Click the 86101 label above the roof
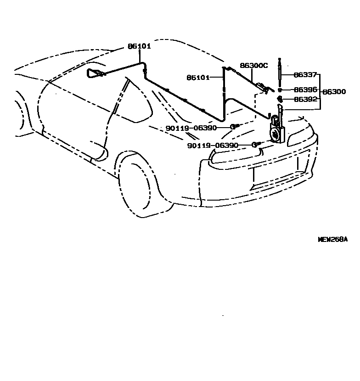click(x=139, y=46)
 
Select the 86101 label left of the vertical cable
click(x=197, y=78)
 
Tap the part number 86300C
click(x=253, y=66)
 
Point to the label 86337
click(x=305, y=74)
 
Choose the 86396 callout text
click(x=305, y=90)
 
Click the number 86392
click(x=305, y=99)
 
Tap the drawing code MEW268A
click(x=333, y=239)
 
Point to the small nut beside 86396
click(x=279, y=90)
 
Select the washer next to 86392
click(x=279, y=99)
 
